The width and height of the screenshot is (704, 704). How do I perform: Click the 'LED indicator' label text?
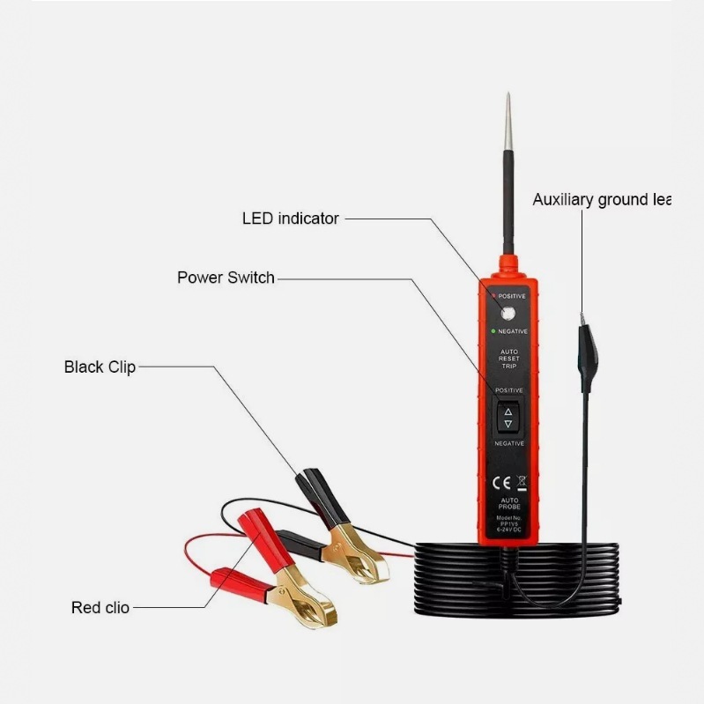pos(290,219)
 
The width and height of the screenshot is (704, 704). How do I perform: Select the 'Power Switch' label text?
pos(226,278)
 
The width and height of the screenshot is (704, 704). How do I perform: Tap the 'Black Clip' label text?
pos(100,367)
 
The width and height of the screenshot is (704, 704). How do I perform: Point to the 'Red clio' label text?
pos(100,608)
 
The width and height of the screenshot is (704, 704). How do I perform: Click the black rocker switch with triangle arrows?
pos(508,417)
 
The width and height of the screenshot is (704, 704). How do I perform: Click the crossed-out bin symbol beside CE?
pos(521,482)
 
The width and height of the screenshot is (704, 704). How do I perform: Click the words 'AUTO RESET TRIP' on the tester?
pos(509,359)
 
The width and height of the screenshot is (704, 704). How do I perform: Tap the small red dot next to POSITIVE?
pos(493,296)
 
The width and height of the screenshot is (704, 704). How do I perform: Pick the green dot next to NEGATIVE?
pos(493,331)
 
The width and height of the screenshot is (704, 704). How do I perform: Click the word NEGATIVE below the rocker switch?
pos(508,443)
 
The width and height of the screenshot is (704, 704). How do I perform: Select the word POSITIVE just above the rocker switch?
pos(508,389)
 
